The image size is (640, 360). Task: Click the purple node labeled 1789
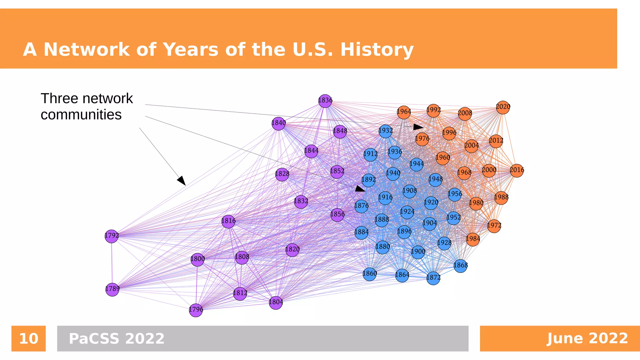[112, 289]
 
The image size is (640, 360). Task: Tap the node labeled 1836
[325, 101]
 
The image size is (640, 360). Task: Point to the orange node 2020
[503, 107]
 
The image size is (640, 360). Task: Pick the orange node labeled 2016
[517, 171]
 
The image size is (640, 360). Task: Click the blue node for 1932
[385, 131]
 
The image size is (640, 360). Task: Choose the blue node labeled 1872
[433, 278]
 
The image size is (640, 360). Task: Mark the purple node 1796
[196, 310]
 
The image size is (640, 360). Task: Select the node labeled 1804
[276, 302]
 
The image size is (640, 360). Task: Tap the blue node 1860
[370, 274]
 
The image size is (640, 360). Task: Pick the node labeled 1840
[278, 123]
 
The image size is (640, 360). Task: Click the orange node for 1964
[404, 112]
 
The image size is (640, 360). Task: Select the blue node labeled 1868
[460, 266]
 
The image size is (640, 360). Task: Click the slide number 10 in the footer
[28, 339]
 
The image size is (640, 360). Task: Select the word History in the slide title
[377, 50]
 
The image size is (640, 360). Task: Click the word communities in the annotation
[81, 115]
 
